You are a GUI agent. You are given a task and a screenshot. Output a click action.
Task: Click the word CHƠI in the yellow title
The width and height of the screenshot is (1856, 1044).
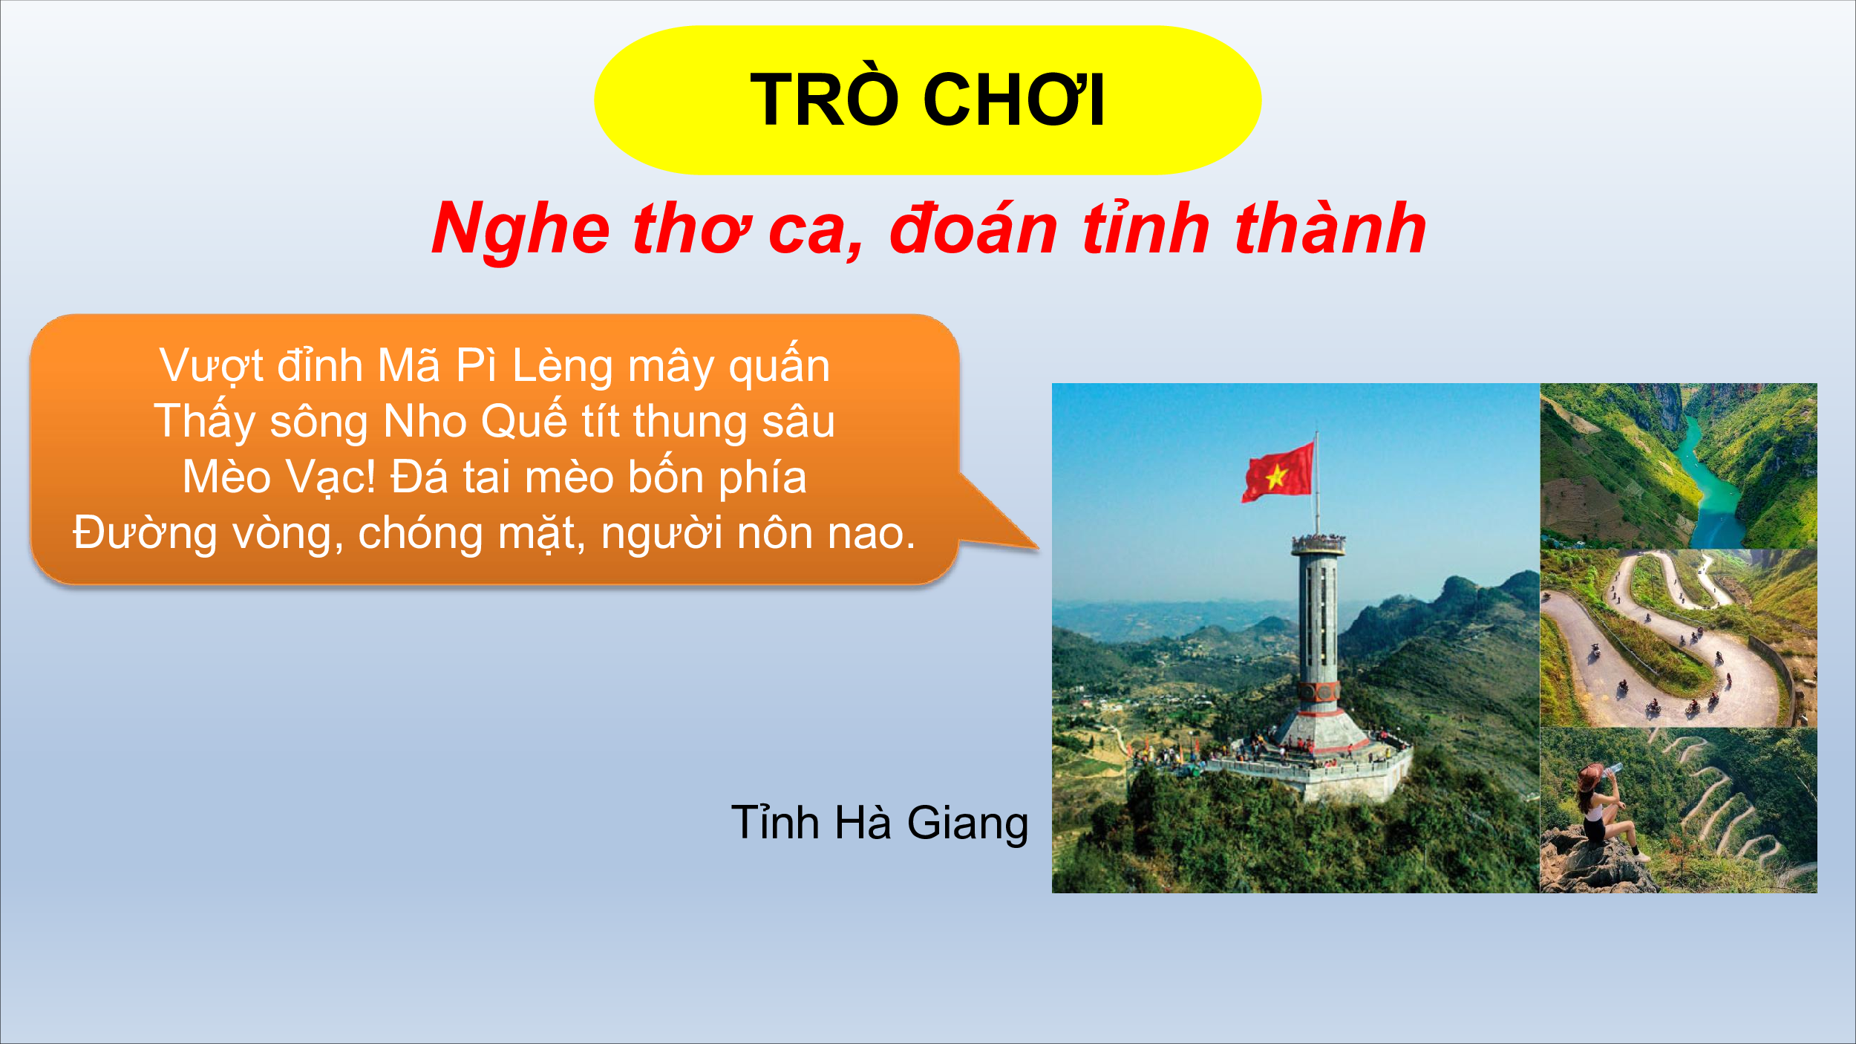(x=1013, y=99)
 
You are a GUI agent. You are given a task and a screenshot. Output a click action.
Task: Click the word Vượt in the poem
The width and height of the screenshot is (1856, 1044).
(x=212, y=367)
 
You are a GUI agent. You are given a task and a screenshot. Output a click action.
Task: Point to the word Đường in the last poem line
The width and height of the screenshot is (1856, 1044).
(x=145, y=533)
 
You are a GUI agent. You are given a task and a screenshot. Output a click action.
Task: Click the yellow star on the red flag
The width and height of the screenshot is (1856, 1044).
(x=1275, y=476)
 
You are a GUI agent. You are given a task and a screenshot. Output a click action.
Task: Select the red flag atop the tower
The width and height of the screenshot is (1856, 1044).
(x=1278, y=472)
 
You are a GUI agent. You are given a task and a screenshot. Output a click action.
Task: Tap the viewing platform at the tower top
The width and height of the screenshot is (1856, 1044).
(x=1318, y=544)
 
